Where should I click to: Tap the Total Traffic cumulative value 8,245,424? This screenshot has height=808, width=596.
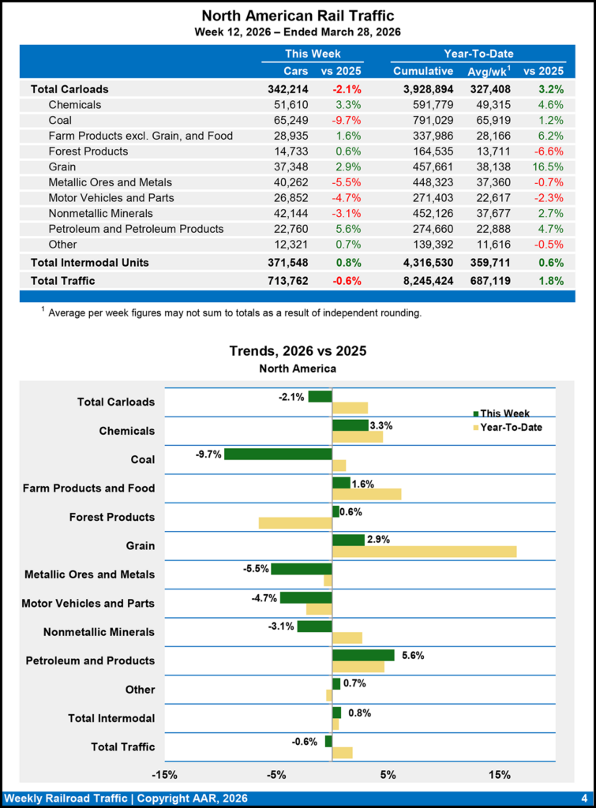(423, 280)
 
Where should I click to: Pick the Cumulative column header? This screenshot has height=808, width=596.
(423, 72)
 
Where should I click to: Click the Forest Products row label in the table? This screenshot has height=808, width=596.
(88, 151)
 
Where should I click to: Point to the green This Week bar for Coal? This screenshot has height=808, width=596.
(278, 454)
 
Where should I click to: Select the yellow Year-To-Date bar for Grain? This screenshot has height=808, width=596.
(425, 552)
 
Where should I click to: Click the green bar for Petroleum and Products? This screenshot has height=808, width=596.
(363, 655)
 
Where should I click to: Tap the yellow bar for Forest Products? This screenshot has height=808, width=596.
(295, 523)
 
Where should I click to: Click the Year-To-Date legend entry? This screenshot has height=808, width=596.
(511, 428)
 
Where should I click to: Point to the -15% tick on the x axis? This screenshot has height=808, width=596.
(164, 775)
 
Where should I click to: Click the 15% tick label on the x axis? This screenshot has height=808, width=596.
(500, 775)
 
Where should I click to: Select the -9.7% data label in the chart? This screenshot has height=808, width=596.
(208, 454)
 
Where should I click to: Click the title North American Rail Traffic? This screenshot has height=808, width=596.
(298, 16)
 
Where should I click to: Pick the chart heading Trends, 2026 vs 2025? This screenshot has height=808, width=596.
(298, 350)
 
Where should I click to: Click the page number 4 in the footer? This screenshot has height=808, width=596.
(583, 799)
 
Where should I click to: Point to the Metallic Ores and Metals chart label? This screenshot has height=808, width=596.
(89, 574)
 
